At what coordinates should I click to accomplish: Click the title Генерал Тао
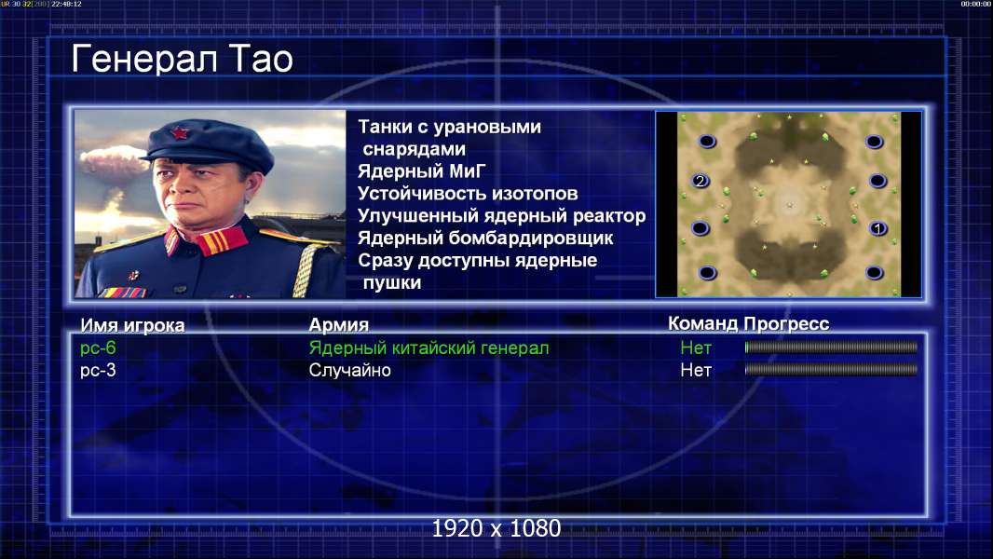pyautogui.click(x=182, y=60)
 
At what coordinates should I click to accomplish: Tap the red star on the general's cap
pyautogui.click(x=179, y=133)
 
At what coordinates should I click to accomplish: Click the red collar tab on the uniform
pyautogui.click(x=222, y=241)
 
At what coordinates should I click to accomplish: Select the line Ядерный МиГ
pyautogui.click(x=421, y=171)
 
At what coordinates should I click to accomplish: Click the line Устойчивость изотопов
pyautogui.click(x=468, y=194)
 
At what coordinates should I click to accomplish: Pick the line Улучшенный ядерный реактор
pyautogui.click(x=501, y=216)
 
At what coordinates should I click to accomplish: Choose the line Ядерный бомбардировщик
pyautogui.click(x=485, y=238)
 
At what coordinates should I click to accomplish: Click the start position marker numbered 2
pyautogui.click(x=700, y=181)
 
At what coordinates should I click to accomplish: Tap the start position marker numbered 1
pyautogui.click(x=877, y=228)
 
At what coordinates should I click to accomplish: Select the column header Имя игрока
pyautogui.click(x=132, y=325)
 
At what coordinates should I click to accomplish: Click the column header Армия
pyautogui.click(x=338, y=325)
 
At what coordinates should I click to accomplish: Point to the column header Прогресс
pyautogui.click(x=786, y=324)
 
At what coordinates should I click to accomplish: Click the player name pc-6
pyautogui.click(x=98, y=348)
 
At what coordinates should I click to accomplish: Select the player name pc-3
pyautogui.click(x=98, y=371)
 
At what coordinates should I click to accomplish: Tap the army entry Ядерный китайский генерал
pyautogui.click(x=428, y=348)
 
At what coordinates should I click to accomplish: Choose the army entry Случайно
pyautogui.click(x=349, y=371)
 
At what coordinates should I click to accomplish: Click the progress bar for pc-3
pyautogui.click(x=831, y=370)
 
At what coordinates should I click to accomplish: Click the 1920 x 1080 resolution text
pyautogui.click(x=496, y=528)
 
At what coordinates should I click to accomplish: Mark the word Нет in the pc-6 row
pyautogui.click(x=695, y=348)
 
